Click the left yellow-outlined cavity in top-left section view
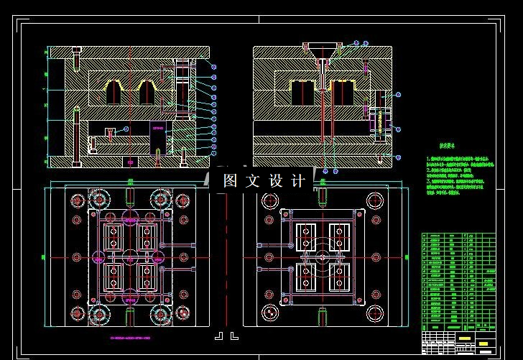[114, 92]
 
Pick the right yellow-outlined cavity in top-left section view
[148, 92]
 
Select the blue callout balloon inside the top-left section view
[125, 129]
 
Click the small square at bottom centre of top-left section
[129, 160]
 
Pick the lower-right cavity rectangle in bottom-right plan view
[339, 276]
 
